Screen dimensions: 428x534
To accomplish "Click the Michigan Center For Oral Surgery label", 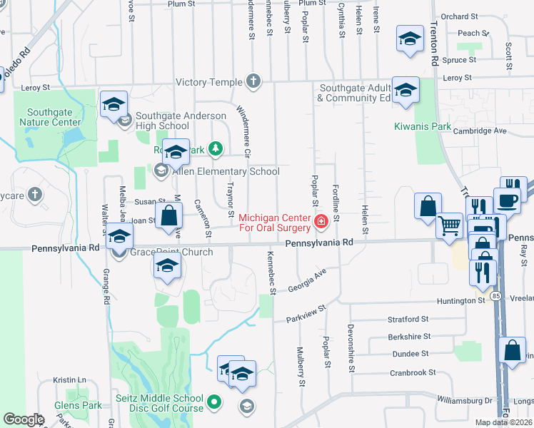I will [275, 223].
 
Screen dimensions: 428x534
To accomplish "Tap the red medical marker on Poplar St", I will [321, 223].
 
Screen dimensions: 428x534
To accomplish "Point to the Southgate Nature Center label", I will [54, 117].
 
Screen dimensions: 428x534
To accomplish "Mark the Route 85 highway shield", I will [495, 295].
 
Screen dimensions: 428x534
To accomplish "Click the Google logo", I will [24, 419].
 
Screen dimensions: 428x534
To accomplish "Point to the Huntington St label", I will [461, 301].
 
